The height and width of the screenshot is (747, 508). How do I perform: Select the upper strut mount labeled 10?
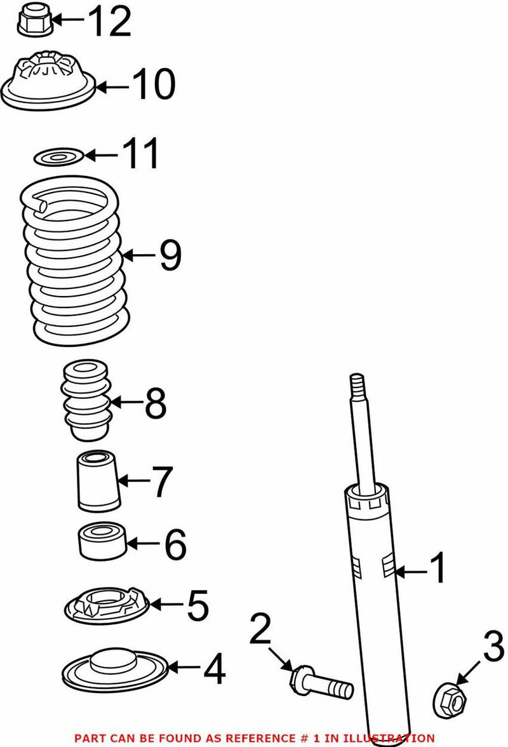48,83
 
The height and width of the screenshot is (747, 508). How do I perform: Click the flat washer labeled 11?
57,156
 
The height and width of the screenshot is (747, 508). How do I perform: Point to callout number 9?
170,255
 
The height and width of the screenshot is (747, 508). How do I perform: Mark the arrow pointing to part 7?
132,482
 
